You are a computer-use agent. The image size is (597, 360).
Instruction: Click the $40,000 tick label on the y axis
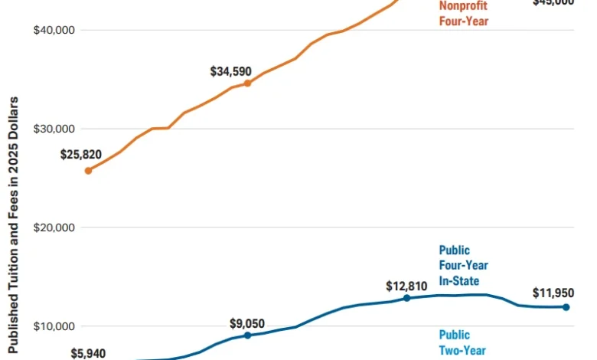(54, 30)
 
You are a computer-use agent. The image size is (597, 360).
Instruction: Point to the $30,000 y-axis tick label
(54, 129)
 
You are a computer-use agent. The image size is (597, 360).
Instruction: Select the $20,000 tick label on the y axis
(54, 227)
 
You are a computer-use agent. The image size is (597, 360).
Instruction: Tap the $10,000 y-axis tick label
(54, 326)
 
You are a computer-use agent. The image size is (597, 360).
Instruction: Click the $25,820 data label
(81, 154)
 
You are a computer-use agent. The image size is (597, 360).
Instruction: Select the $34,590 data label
(231, 71)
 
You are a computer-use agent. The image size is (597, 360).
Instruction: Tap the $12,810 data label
(406, 286)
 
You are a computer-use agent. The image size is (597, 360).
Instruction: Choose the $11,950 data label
(553, 293)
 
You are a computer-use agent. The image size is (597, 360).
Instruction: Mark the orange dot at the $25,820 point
(88, 171)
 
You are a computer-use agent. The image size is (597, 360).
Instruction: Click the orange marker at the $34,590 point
(247, 83)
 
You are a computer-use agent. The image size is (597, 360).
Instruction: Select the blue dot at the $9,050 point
(247, 335)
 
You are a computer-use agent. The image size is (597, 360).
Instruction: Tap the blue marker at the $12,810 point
(406, 298)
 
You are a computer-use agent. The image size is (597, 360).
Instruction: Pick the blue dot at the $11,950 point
(566, 307)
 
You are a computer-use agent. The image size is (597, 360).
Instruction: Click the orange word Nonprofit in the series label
(463, 7)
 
